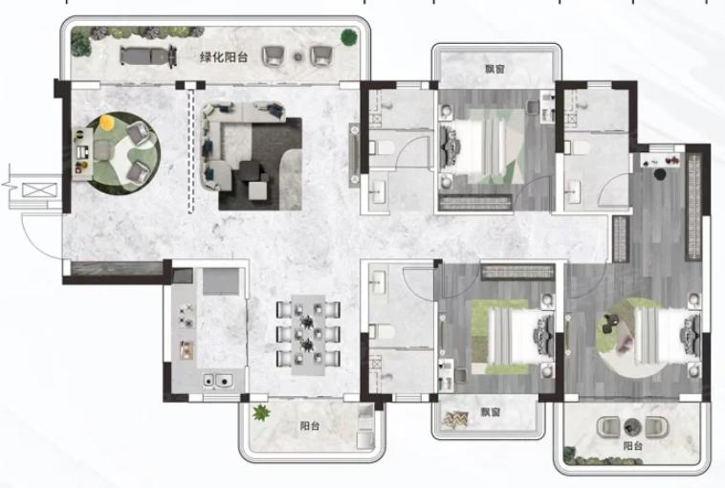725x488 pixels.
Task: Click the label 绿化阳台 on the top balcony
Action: click(224, 57)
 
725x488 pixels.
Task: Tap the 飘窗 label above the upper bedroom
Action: click(495, 70)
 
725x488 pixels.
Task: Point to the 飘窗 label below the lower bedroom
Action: click(490, 411)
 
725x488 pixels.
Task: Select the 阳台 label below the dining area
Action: click(310, 426)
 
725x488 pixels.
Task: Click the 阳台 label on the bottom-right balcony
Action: click(633, 446)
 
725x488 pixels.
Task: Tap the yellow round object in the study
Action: click(107, 122)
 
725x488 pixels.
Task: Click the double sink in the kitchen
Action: click(217, 381)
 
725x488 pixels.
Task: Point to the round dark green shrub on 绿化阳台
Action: click(348, 37)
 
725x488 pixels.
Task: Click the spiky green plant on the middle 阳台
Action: click(261, 412)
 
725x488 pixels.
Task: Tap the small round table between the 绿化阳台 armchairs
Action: click(298, 57)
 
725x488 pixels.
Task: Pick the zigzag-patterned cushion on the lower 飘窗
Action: click(455, 419)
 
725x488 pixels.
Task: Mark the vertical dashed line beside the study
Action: click(190, 151)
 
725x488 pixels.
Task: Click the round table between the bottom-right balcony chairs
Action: click(631, 427)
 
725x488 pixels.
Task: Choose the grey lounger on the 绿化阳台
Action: click(148, 56)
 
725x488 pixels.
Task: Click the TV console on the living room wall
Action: click(354, 155)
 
